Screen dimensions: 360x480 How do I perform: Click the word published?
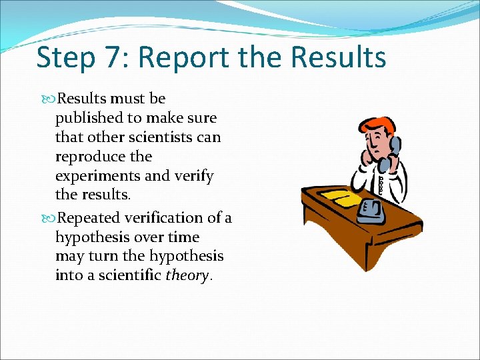pos(87,119)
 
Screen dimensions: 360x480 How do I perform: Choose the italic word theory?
pos(187,276)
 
